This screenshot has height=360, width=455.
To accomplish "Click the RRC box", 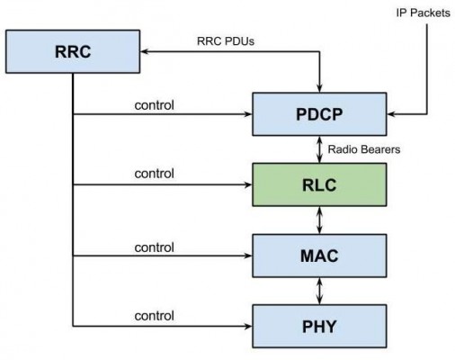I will pyautogui.click(x=73, y=51).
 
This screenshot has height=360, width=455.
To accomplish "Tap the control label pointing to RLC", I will pyautogui.click(x=156, y=173).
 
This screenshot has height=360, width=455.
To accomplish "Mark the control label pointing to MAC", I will pyautogui.click(x=156, y=246).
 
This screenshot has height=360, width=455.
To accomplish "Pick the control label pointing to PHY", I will pyautogui.click(x=156, y=315).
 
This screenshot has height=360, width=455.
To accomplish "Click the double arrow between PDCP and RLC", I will pyautogui.click(x=318, y=149).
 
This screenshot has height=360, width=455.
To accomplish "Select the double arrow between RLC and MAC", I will pyautogui.click(x=318, y=220).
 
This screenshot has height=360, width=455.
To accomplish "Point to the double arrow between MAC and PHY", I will pyautogui.click(x=318, y=290).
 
